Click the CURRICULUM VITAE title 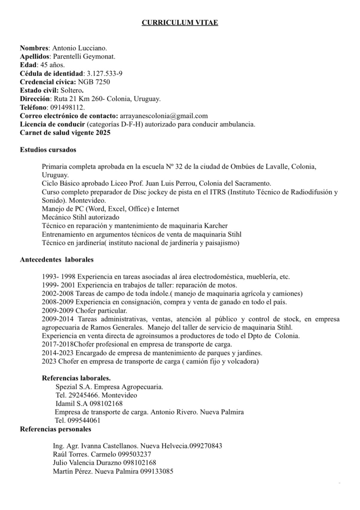tap(180, 23)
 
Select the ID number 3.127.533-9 tap(105, 74)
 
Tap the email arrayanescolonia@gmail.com tap(164, 116)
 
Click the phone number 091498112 tap(67, 108)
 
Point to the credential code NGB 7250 tap(94, 82)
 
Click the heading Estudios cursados tap(48, 150)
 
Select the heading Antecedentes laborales tap(57, 260)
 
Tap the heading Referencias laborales tap(76, 378)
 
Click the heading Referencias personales tap(55, 429)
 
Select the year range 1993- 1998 tap(58, 277)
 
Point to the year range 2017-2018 tap(58, 344)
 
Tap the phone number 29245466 tap(83, 395)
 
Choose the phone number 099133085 tap(157, 472)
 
